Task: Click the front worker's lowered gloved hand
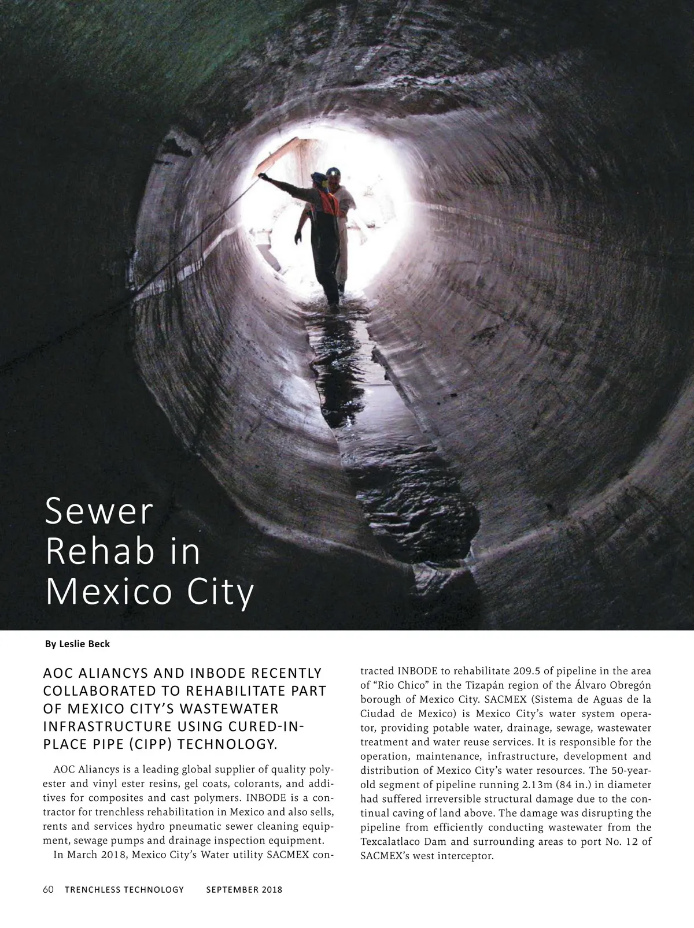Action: click(298, 237)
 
